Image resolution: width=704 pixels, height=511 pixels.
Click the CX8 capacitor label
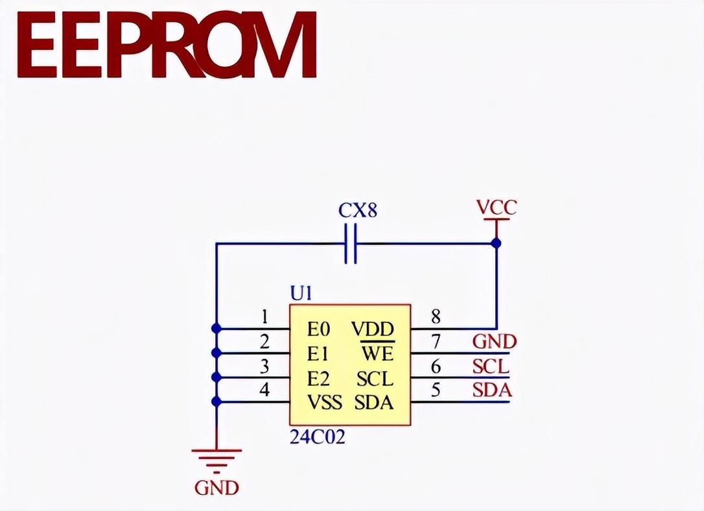358,211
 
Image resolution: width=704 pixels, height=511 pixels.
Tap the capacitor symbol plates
351,244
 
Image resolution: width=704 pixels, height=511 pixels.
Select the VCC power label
496,208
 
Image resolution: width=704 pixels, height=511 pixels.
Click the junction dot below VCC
496,243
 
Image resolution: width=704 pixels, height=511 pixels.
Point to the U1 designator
301,294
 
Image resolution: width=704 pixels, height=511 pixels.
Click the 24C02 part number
317,437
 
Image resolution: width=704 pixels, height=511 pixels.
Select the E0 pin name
319,329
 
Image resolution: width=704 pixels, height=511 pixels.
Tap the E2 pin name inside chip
319,378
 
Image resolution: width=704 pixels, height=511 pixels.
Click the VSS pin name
324,402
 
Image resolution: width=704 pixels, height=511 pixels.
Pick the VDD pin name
373,329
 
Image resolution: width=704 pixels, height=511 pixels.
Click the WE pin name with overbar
377,353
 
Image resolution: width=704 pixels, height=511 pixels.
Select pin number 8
436,317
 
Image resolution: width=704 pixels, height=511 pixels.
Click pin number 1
264,317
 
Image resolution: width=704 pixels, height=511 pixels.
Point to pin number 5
436,390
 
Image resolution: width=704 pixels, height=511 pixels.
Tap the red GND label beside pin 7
494,341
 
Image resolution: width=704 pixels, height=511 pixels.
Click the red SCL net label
491,366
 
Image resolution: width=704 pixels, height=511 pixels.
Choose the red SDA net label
491,391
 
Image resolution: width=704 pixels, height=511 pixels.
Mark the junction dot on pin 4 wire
217,402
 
